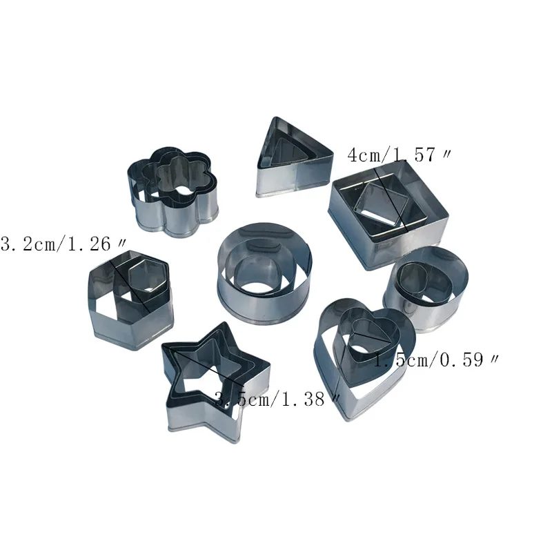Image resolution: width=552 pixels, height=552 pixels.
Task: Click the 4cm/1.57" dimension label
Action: coord(399,155)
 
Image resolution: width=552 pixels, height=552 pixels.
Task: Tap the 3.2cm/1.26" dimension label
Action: coord(63,244)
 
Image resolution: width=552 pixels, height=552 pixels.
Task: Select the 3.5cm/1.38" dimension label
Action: coord(277,399)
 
